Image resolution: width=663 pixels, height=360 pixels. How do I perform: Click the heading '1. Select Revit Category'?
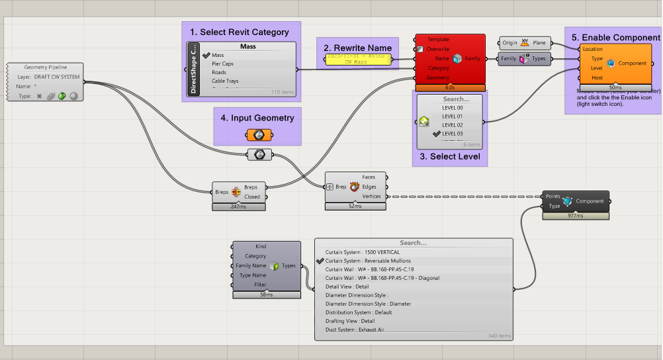click(x=240, y=32)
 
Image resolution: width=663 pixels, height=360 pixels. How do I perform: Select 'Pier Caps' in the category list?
click(x=222, y=64)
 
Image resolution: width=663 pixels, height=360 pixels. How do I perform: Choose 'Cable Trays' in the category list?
click(x=225, y=81)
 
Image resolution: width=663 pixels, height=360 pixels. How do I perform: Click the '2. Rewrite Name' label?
click(x=357, y=48)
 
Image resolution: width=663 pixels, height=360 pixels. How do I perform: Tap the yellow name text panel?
click(x=357, y=60)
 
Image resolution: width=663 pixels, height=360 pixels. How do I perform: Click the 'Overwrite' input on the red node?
click(x=438, y=49)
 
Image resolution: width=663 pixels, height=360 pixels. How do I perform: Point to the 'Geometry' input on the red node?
click(x=437, y=77)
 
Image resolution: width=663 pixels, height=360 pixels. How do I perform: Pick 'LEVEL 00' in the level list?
click(x=452, y=107)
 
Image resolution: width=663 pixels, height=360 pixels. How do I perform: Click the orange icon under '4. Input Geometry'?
click(x=257, y=135)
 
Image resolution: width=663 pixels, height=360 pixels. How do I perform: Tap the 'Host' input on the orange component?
click(x=592, y=77)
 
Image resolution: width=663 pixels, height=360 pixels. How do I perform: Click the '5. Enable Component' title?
click(x=615, y=38)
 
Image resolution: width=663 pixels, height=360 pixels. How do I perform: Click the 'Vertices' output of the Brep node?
click(x=372, y=196)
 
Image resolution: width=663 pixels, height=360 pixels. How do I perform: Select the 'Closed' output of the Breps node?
click(x=251, y=197)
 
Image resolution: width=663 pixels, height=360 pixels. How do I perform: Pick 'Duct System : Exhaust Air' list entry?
click(x=359, y=329)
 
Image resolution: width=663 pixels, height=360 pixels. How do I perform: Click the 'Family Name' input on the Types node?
click(x=251, y=265)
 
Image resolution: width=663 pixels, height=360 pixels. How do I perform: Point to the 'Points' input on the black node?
click(x=552, y=197)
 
